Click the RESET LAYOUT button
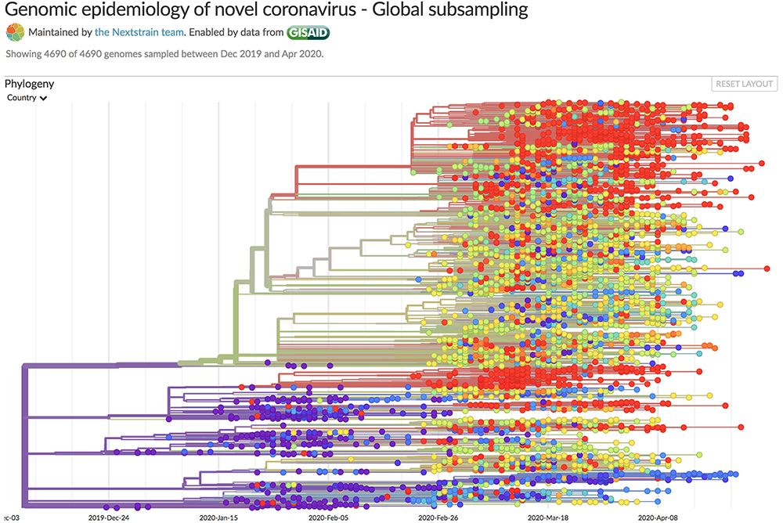click(745, 85)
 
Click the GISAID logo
click(308, 32)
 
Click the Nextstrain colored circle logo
click(15, 32)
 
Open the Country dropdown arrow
click(44, 99)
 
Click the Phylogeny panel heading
click(29, 84)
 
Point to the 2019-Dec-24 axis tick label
click(109, 518)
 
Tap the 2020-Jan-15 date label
click(218, 518)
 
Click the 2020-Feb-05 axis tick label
click(329, 518)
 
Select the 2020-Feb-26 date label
click(438, 518)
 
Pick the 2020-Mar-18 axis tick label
click(548, 518)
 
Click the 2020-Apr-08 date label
click(658, 518)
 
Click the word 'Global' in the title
click(397, 11)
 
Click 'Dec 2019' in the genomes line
click(240, 54)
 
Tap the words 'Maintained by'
click(60, 32)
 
